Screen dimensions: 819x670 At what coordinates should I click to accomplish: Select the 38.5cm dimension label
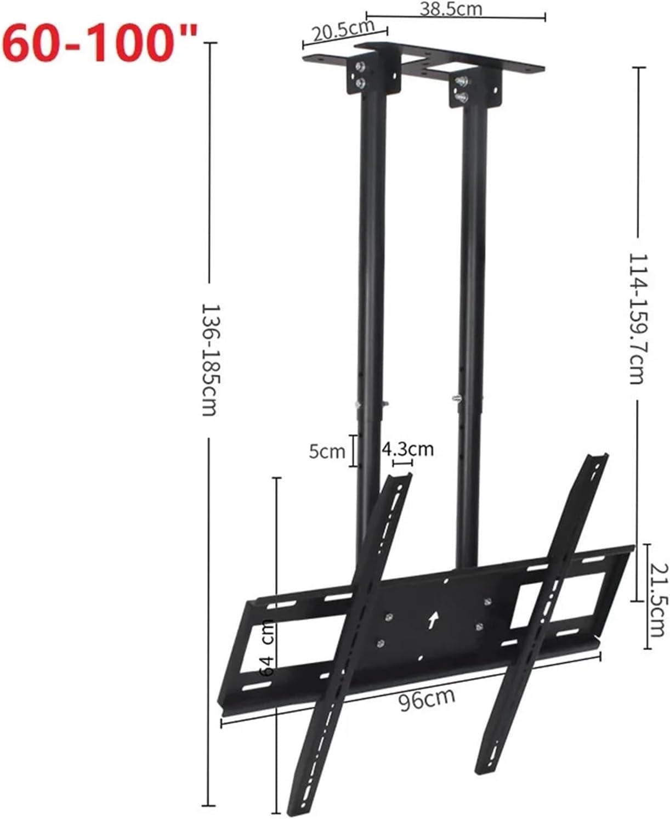coord(451,9)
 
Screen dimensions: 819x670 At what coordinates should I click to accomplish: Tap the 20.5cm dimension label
coord(343,30)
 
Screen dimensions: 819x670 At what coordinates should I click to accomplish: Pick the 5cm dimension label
coord(327,451)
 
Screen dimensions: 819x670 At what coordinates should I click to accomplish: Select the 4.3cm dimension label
coord(407,449)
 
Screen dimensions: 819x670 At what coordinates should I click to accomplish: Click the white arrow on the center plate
coord(433,620)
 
